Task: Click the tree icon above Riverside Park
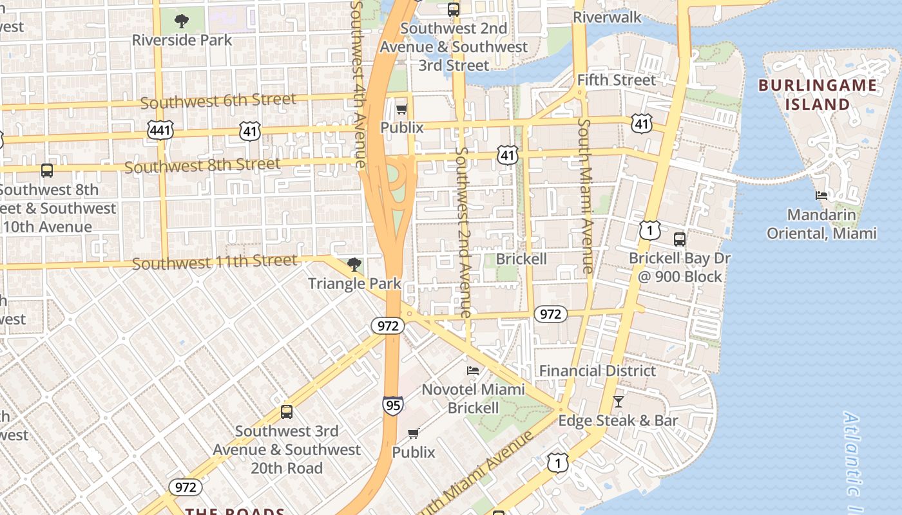click(182, 21)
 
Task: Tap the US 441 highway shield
click(160, 131)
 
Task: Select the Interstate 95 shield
click(392, 405)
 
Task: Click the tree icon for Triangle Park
click(354, 264)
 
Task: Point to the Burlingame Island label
click(817, 95)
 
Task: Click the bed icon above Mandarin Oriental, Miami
click(821, 195)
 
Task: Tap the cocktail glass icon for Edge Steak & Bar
click(618, 401)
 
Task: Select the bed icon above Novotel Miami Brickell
click(472, 371)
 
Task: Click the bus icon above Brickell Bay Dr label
click(680, 239)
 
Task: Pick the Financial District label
click(597, 370)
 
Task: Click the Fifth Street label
click(616, 80)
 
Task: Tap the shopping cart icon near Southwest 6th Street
click(402, 109)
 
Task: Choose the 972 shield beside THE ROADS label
click(186, 487)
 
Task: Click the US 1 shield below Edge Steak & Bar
click(558, 462)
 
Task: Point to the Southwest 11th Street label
click(215, 263)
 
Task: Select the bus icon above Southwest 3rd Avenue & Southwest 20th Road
click(287, 412)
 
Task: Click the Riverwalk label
click(607, 17)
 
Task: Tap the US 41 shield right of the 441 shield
click(250, 131)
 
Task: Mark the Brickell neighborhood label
click(521, 259)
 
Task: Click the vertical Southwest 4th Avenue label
click(358, 84)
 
